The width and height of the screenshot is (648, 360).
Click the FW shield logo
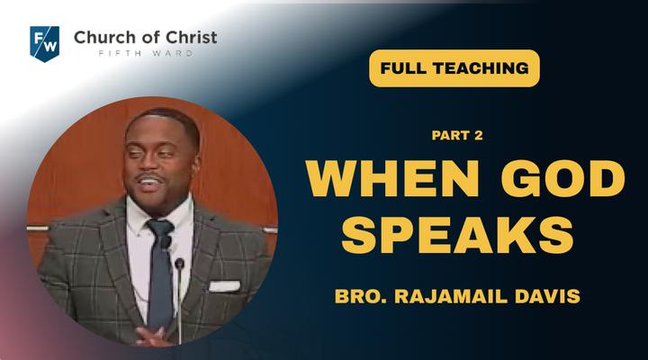click(45, 43)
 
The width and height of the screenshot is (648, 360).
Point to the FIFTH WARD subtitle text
click(146, 53)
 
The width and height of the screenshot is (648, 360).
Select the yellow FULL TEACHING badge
click(454, 68)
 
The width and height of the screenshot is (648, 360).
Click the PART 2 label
click(457, 135)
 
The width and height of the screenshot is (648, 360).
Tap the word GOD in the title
click(562, 178)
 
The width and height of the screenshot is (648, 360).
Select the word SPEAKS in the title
click(457, 235)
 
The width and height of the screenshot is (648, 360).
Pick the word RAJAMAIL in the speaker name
click(451, 296)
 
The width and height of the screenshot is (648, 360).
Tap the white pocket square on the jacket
click(224, 286)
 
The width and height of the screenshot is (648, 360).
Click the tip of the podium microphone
click(179, 263)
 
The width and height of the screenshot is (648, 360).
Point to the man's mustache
click(149, 177)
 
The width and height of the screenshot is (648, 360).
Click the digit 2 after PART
click(479, 135)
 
